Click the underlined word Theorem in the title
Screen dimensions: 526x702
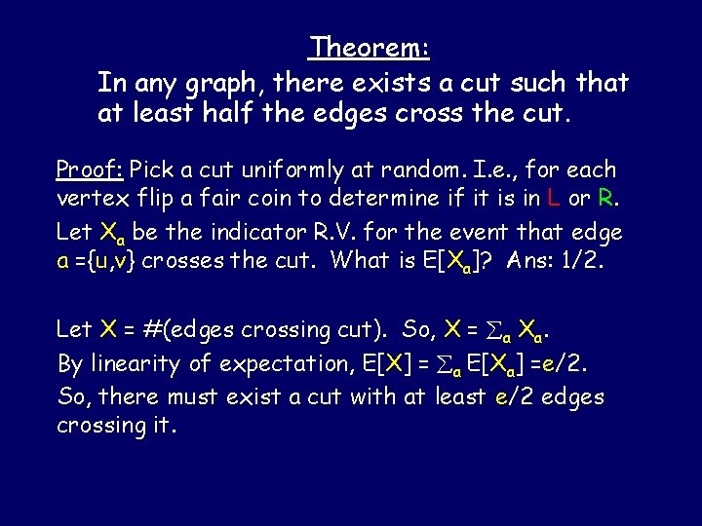370,47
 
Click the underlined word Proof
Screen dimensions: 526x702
89,169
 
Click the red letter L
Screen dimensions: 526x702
554,201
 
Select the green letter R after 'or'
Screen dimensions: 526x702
605,201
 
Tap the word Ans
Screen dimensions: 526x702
527,261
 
